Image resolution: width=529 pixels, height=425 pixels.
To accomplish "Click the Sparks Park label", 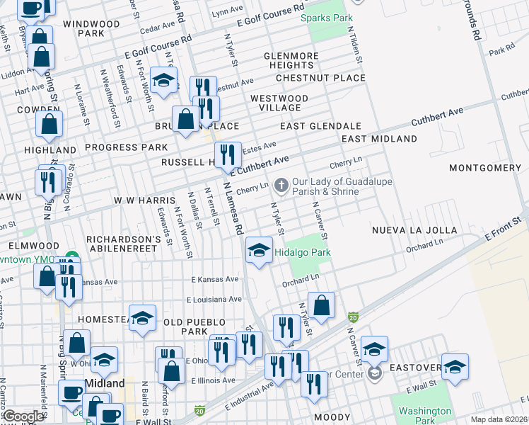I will point(326,18).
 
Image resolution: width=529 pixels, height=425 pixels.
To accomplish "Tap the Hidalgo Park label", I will point(302,252).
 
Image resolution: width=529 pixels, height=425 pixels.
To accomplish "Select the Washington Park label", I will point(424,416).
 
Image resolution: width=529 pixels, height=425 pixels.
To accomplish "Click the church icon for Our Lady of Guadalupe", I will point(281,186).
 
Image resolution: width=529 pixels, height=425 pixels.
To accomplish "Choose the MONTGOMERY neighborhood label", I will point(484,168).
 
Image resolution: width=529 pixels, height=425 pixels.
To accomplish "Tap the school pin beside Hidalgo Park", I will point(259,250).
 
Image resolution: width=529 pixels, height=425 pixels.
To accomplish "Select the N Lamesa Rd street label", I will point(233,208).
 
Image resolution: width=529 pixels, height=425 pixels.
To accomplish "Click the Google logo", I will point(23,416).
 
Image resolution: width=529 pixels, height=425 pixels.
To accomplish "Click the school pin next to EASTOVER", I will point(455,366).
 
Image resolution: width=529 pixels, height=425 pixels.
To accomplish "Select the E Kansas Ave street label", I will point(214,280).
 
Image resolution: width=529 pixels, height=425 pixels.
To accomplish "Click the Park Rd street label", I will point(501,52).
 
